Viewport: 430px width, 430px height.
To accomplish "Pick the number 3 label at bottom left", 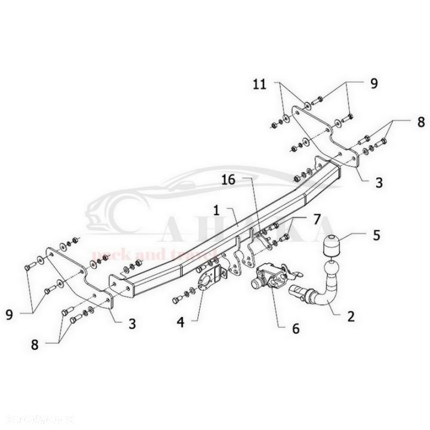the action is coord(132,324).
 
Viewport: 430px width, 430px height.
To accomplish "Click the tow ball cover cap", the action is coord(330,247).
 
